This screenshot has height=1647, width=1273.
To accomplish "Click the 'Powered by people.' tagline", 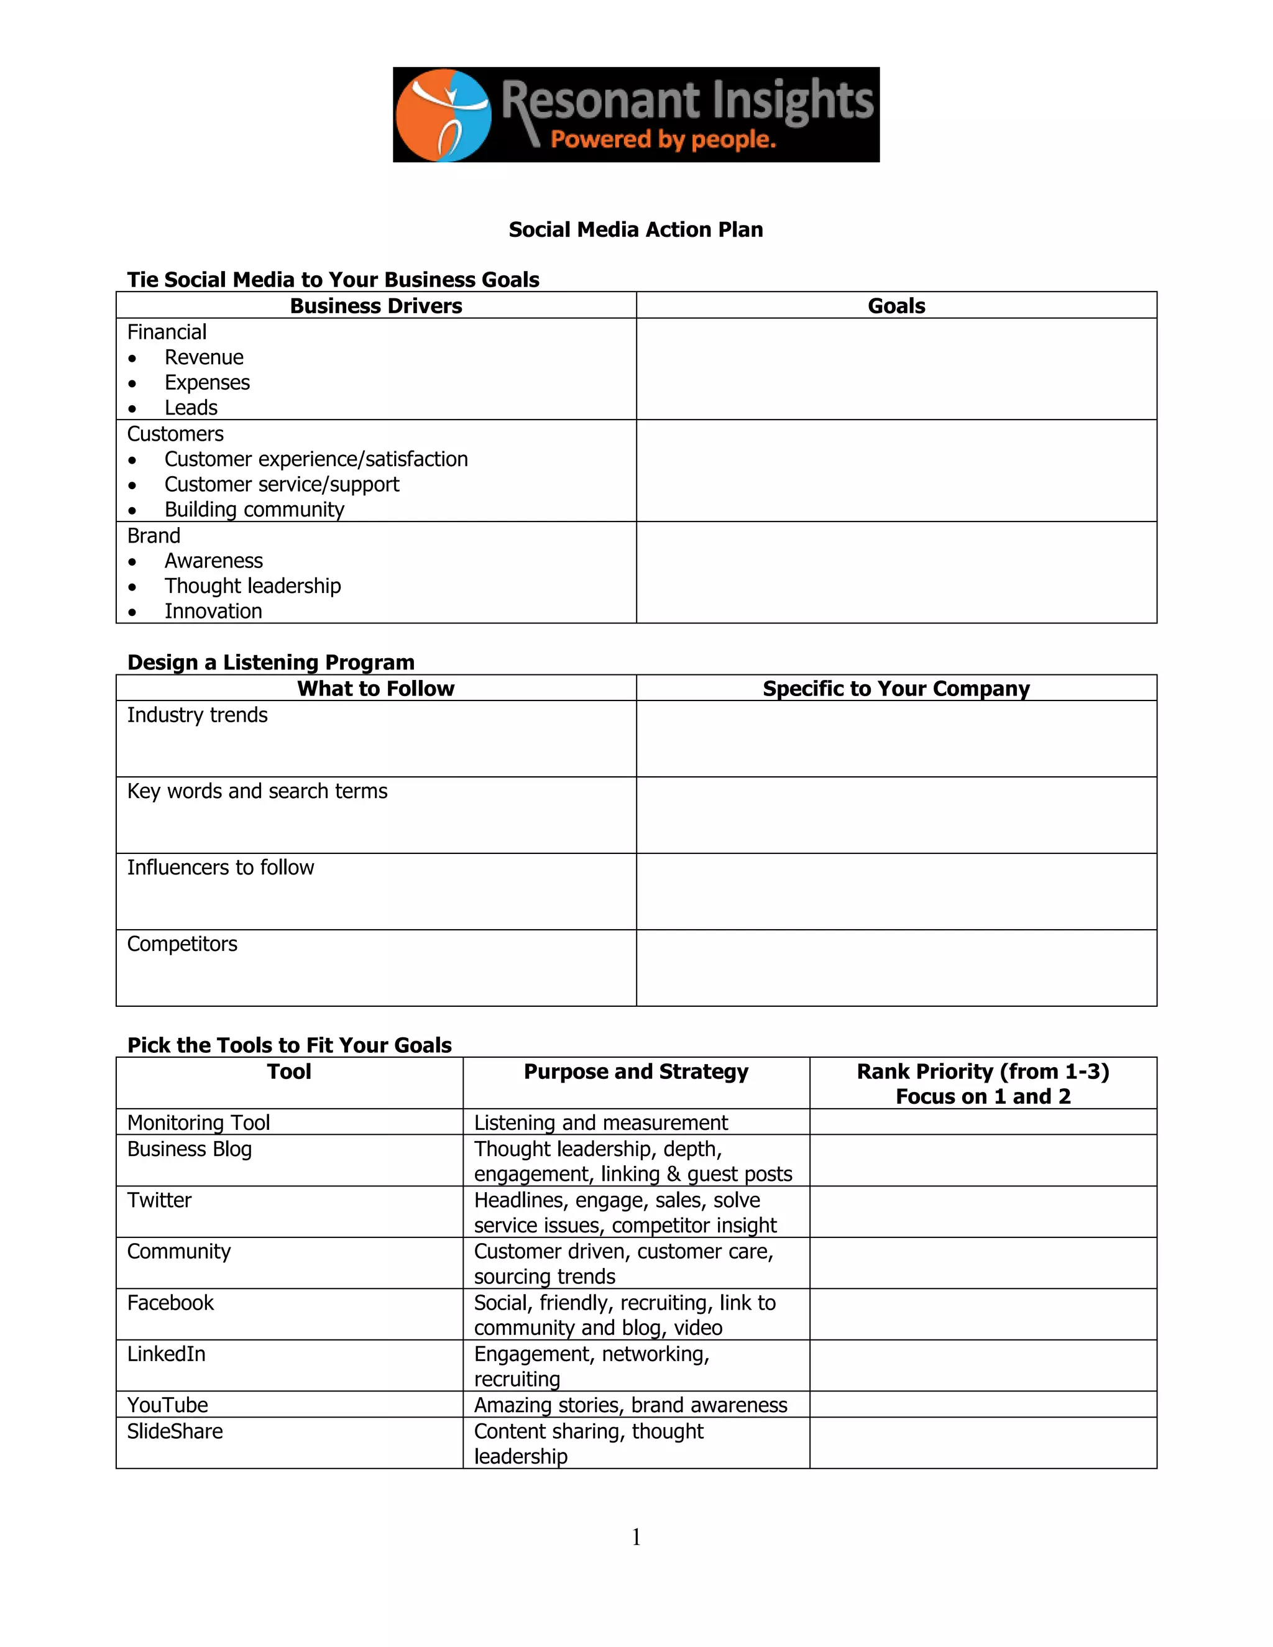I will click(663, 139).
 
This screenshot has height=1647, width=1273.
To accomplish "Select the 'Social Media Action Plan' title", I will click(636, 229).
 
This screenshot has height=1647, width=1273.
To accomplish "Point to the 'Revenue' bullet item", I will click(204, 357).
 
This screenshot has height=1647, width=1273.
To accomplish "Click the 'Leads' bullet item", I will click(191, 408).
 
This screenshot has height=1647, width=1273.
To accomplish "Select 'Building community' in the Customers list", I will click(254, 510).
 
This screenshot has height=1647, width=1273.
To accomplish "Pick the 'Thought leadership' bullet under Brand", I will click(252, 586).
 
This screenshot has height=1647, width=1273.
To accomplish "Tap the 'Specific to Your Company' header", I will click(896, 689).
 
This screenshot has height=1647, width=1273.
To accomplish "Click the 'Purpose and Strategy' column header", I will click(636, 1071).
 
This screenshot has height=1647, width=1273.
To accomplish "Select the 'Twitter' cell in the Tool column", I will click(159, 1201).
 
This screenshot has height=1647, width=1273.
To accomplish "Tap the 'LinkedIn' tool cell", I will click(166, 1354).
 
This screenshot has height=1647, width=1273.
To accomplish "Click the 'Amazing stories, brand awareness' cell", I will click(630, 1405).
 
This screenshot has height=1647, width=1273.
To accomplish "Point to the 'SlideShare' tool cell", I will click(175, 1431).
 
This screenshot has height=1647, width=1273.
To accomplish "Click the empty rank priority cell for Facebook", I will click(983, 1314).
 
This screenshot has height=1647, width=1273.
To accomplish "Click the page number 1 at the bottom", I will click(636, 1537).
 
